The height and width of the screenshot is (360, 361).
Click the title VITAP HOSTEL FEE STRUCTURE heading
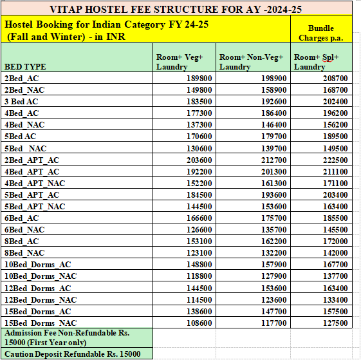tap(176, 9)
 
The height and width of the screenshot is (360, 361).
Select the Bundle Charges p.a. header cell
tap(321, 33)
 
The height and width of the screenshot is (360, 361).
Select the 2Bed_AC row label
tap(21, 78)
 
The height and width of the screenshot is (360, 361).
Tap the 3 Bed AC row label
tap(22, 101)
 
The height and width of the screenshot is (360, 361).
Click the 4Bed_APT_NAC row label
tap(35, 183)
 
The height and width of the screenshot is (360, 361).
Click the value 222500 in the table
tap(334, 160)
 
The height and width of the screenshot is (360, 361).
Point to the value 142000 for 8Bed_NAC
tap(334, 252)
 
